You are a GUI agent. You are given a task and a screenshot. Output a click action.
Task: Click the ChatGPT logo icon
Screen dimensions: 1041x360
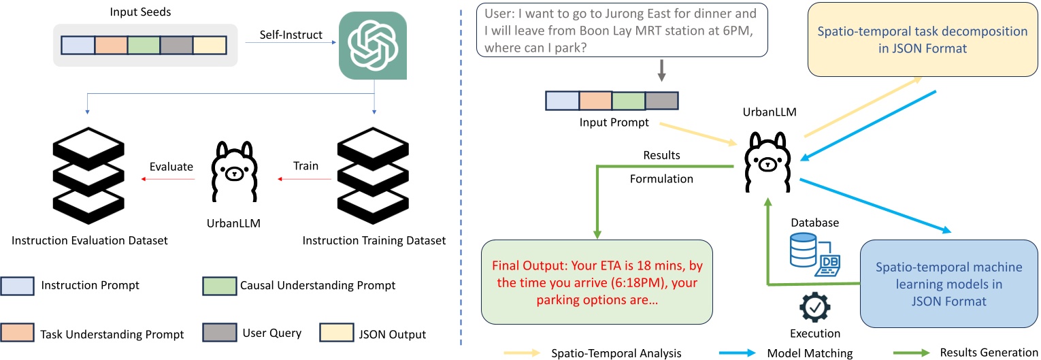pyautogui.click(x=373, y=46)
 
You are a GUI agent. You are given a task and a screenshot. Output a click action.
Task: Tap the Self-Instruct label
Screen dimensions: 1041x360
pyautogui.click(x=291, y=35)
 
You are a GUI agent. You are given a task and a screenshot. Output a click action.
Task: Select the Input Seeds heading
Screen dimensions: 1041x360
pyautogui.click(x=140, y=12)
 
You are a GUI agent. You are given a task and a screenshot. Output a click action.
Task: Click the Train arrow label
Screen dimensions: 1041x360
pyautogui.click(x=305, y=166)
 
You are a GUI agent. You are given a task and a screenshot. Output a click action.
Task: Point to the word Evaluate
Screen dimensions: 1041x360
pyautogui.click(x=171, y=167)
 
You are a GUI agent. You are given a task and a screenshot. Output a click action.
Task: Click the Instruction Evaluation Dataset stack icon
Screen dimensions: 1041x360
pyautogui.click(x=88, y=176)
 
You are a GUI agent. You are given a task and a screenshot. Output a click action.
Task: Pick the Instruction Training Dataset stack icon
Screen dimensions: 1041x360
pyautogui.click(x=373, y=176)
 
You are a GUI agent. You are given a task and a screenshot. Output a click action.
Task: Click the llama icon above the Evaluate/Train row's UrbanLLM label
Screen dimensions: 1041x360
pyautogui.click(x=234, y=171)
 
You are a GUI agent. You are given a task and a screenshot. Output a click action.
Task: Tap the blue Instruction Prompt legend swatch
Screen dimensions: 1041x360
pyautogui.click(x=17, y=286)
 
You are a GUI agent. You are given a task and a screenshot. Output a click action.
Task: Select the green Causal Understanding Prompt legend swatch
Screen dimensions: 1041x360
pyautogui.click(x=219, y=286)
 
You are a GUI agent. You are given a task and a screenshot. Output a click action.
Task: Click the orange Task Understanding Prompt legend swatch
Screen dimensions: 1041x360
pyautogui.click(x=17, y=333)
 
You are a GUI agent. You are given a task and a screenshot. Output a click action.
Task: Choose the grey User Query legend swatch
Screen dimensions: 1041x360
pyautogui.click(x=219, y=333)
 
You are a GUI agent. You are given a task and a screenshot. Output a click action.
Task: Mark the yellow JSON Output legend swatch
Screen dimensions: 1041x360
pyautogui.click(x=337, y=333)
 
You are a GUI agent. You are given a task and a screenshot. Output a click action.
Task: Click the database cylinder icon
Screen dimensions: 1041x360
pyautogui.click(x=803, y=250)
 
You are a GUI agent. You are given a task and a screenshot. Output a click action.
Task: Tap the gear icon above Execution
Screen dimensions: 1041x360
pyautogui.click(x=814, y=308)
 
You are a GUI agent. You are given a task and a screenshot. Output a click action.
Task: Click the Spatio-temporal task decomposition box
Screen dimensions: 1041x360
pyautogui.click(x=923, y=39)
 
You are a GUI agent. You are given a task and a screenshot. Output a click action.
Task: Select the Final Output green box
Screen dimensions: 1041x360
pyautogui.click(x=597, y=282)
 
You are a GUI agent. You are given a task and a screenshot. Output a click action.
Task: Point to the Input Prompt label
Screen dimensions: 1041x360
pyautogui.click(x=614, y=122)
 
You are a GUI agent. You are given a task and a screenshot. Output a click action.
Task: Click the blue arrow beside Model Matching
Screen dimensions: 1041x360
pyautogui.click(x=737, y=353)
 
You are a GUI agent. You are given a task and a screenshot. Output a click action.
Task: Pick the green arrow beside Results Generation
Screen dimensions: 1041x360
pyautogui.click(x=911, y=353)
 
